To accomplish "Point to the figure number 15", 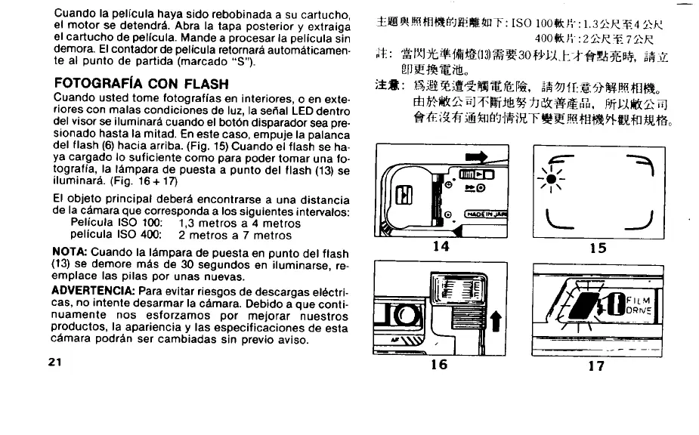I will (x=597, y=246).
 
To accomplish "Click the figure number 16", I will (x=439, y=365).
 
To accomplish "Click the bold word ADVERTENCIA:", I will (x=93, y=291).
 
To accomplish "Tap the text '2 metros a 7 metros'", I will (x=235, y=235).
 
